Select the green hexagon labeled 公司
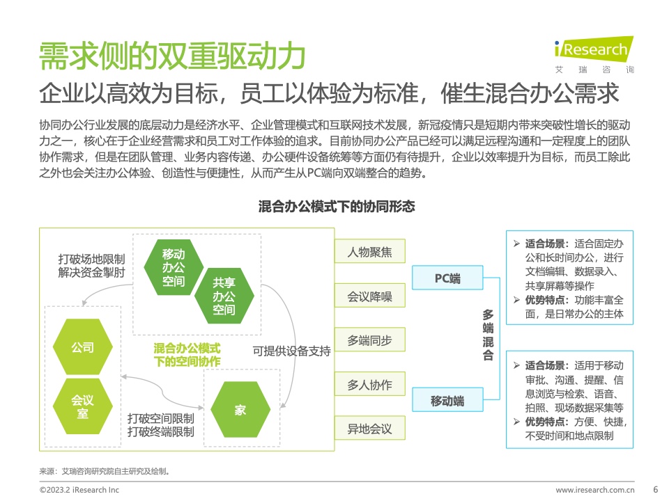[83, 347]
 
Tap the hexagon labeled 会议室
[83, 406]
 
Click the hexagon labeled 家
[240, 409]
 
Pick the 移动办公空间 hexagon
[174, 267]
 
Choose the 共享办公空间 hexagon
[224, 296]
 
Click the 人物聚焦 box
[369, 251]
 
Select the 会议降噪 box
[369, 296]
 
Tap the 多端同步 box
[369, 340]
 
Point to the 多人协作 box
[369, 384]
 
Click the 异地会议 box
[369, 428]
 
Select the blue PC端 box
[447, 278]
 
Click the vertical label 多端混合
[488, 335]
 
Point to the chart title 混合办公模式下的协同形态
[336, 206]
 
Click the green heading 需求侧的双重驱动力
[172, 56]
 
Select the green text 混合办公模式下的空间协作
[187, 355]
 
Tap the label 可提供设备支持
[292, 351]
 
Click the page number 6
[655, 489]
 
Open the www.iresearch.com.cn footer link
[594, 490]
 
